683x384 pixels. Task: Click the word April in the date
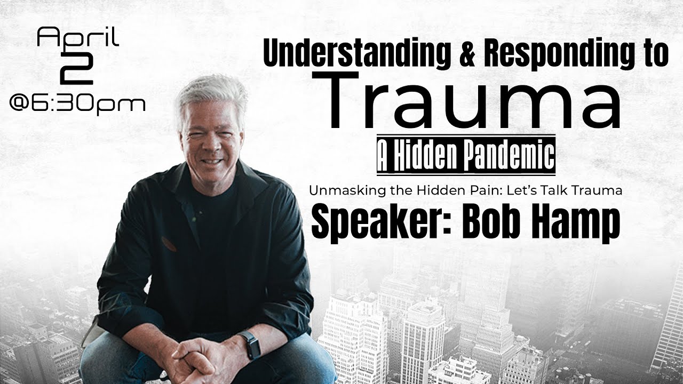tap(77, 39)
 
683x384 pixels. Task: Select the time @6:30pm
tap(77, 103)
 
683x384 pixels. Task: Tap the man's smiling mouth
tap(212, 161)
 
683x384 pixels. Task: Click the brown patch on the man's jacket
tap(169, 244)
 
